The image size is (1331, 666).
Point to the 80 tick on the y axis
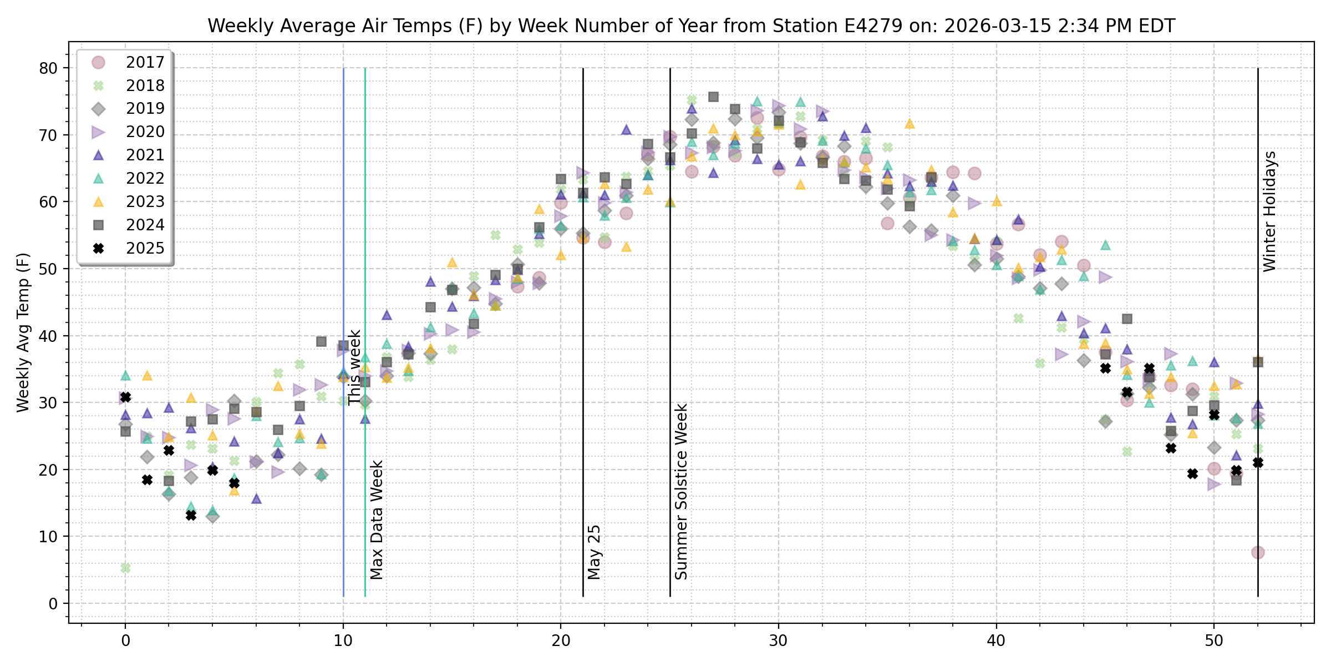49,68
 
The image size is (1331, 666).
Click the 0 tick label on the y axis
53,603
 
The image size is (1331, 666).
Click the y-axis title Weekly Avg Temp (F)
23,332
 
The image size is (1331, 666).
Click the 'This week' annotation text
354,367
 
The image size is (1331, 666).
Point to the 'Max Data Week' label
377,519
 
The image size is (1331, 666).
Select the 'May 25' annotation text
595,552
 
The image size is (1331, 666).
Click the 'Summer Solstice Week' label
682,491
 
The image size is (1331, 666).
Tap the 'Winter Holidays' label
1269,211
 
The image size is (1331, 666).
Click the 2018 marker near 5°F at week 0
126,568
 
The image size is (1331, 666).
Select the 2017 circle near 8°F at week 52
1258,552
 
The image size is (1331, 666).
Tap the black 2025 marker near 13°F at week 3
191,516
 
